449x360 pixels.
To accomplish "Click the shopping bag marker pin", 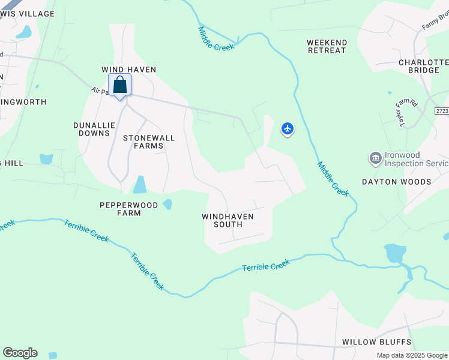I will click(x=120, y=85).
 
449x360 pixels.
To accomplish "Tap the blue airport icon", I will click(x=288, y=128).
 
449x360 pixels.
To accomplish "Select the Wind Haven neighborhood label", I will click(x=128, y=70).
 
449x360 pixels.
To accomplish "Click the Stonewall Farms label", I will click(x=149, y=142).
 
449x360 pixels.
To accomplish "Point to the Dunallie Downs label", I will click(x=94, y=129).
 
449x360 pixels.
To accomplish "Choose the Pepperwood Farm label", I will click(x=128, y=209).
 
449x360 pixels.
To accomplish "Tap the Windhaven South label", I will click(x=228, y=220).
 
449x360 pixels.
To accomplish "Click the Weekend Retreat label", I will click(x=327, y=46).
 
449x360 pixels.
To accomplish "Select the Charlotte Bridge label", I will click(x=424, y=66).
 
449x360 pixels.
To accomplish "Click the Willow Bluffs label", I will click(x=377, y=342).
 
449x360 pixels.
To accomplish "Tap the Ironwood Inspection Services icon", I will click(x=376, y=158).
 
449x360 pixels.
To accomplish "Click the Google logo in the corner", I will click(x=20, y=353).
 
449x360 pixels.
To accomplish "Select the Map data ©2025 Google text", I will click(x=412, y=355).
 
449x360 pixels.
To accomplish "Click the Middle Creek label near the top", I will click(x=215, y=38).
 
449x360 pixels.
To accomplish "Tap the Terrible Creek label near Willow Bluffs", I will click(x=266, y=265).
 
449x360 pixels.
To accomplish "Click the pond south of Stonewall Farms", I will click(x=139, y=184).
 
